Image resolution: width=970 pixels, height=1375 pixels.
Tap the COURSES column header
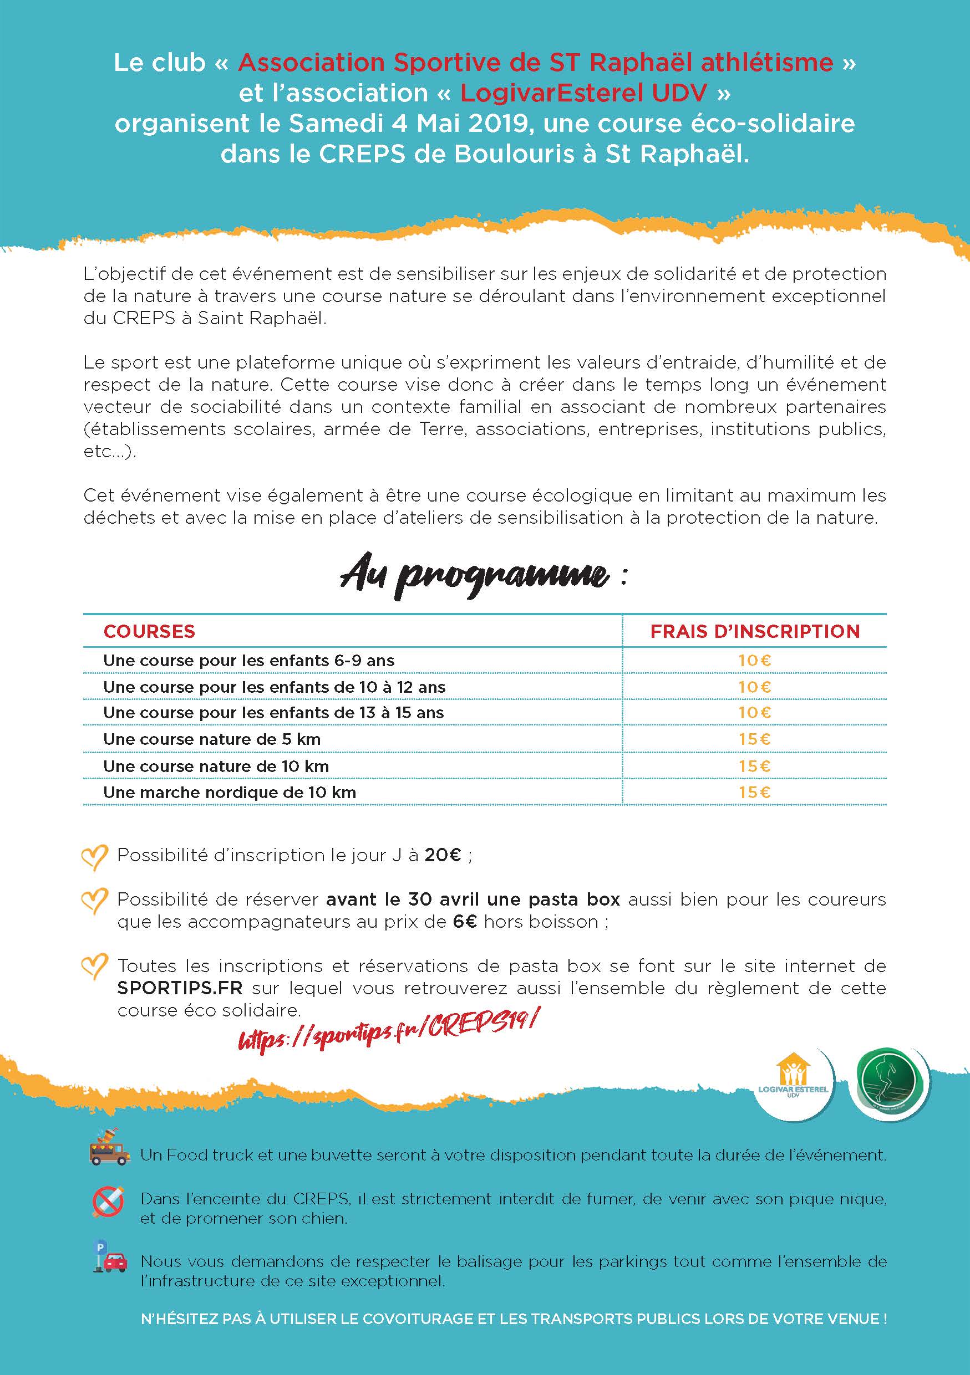pyautogui.click(x=149, y=631)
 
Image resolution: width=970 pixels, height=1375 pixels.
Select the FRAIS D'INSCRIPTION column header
pyautogui.click(x=755, y=631)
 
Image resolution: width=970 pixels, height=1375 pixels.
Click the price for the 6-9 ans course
pyautogui.click(x=754, y=661)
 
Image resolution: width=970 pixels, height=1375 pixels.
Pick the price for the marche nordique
pyautogui.click(x=754, y=792)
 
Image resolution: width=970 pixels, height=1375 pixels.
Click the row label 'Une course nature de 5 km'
pyautogui.click(x=211, y=739)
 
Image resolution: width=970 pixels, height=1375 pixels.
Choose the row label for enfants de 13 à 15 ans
pyautogui.click(x=273, y=713)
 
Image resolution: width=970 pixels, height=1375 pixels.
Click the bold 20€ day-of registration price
pyautogui.click(x=443, y=855)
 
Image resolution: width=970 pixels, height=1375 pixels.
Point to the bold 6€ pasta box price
pyautogui.click(x=465, y=922)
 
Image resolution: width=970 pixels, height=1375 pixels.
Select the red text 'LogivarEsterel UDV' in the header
pyautogui.click(x=584, y=93)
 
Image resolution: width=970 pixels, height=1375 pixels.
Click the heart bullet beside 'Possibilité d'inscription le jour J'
pyautogui.click(x=95, y=857)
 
